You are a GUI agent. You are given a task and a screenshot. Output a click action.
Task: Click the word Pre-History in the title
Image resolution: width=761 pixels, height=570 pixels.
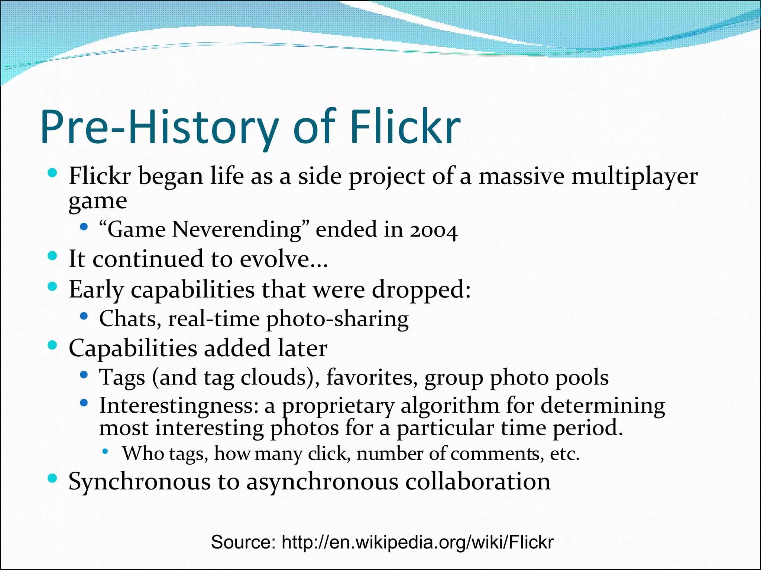(x=160, y=127)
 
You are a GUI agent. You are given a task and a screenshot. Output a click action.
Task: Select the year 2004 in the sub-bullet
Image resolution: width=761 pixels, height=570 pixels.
(x=434, y=230)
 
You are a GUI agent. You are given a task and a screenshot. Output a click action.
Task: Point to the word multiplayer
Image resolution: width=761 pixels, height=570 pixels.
(x=634, y=176)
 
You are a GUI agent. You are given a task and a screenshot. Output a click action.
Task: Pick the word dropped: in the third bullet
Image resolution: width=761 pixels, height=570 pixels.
(x=421, y=290)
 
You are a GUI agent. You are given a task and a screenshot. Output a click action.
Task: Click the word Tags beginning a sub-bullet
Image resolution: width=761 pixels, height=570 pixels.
(x=122, y=378)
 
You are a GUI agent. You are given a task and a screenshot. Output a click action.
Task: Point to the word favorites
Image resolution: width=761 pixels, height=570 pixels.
(x=372, y=377)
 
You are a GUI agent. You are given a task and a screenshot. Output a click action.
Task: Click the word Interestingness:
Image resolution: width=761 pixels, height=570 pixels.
(x=179, y=406)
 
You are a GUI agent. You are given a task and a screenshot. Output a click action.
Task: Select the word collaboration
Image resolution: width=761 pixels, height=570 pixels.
(x=477, y=482)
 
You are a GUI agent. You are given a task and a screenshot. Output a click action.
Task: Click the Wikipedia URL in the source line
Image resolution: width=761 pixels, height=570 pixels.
(x=417, y=542)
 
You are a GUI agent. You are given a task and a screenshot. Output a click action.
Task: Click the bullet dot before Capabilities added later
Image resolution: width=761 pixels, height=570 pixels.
(x=52, y=345)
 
